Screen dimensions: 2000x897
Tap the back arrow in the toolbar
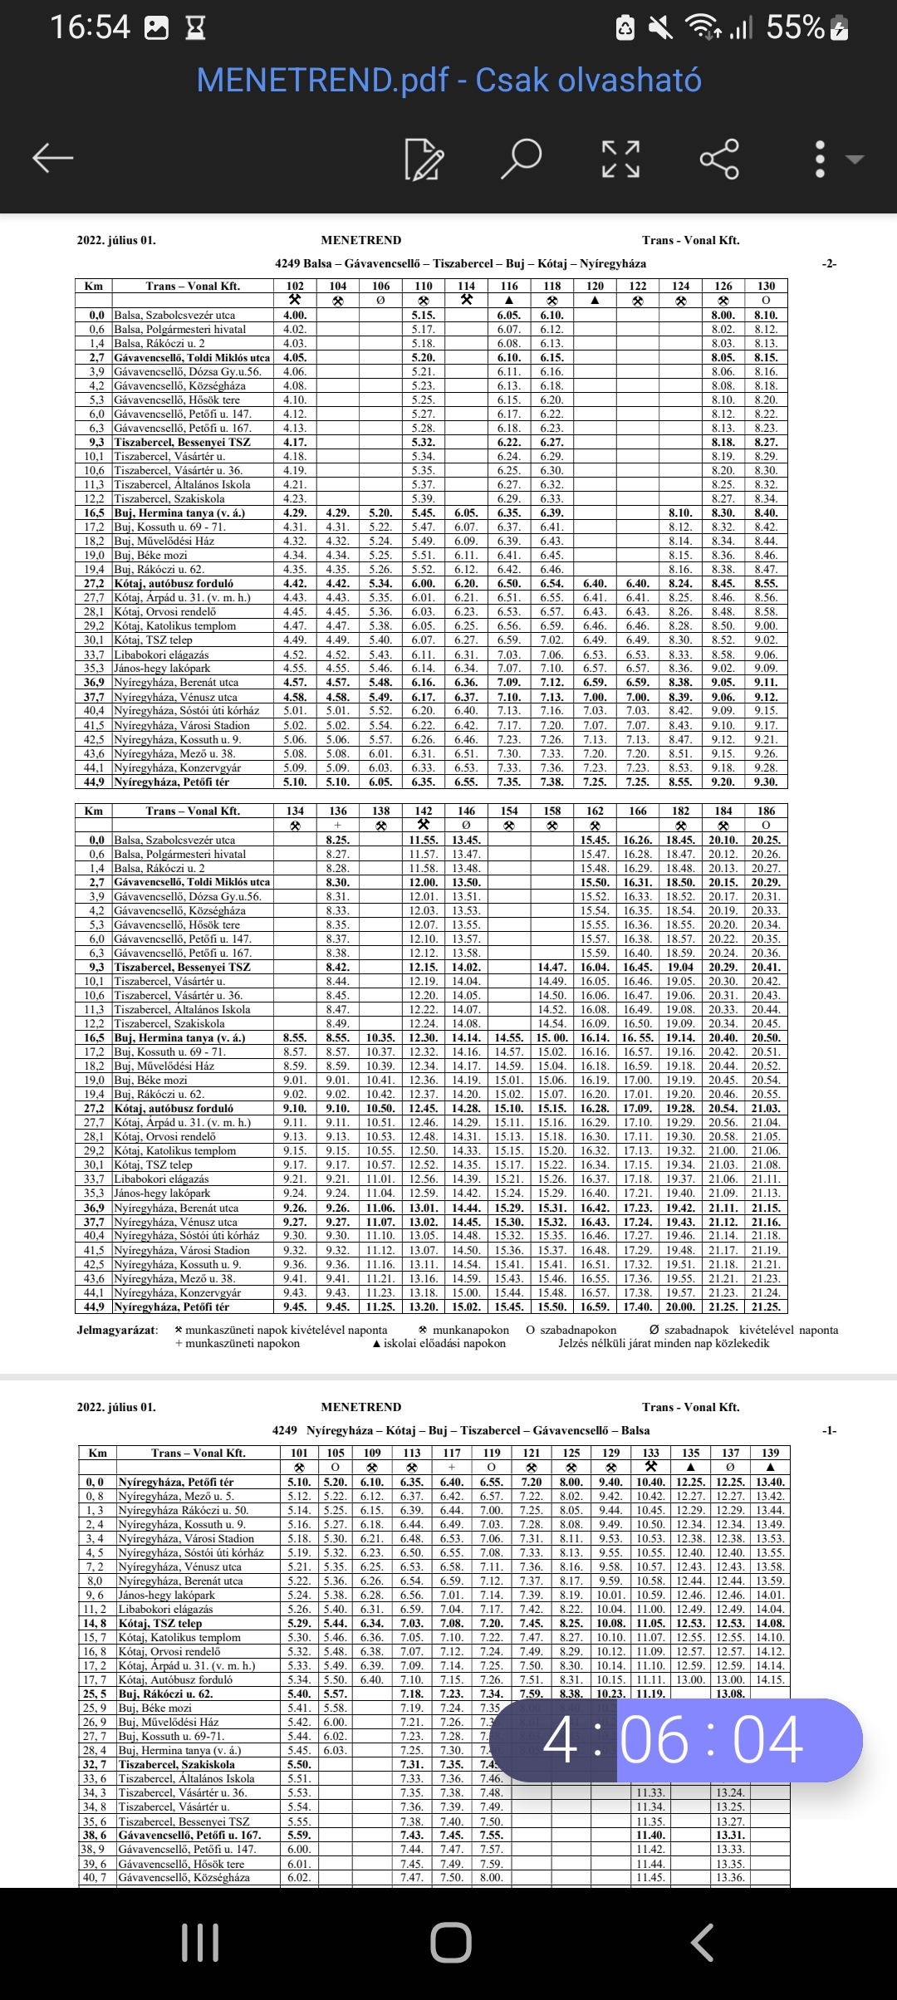coord(53,158)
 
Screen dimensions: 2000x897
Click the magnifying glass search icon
coord(521,158)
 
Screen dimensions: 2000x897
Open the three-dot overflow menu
coord(821,159)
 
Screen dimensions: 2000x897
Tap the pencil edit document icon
coord(424,159)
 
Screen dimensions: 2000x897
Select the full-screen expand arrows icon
coord(620,159)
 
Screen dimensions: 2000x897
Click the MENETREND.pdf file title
coord(448,81)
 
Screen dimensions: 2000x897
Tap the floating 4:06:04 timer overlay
coord(675,1740)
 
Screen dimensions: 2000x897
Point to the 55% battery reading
coord(795,27)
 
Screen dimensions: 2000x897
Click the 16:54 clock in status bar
coord(90,27)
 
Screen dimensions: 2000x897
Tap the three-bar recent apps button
coord(200,1943)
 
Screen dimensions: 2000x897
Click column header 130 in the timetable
coord(766,286)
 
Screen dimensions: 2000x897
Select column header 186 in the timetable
coord(766,811)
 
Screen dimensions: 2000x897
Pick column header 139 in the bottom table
coord(770,1453)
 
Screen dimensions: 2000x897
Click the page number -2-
coord(829,263)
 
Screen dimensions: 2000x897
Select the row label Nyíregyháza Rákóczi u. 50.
coord(184,1510)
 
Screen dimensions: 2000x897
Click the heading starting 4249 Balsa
coord(460,263)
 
